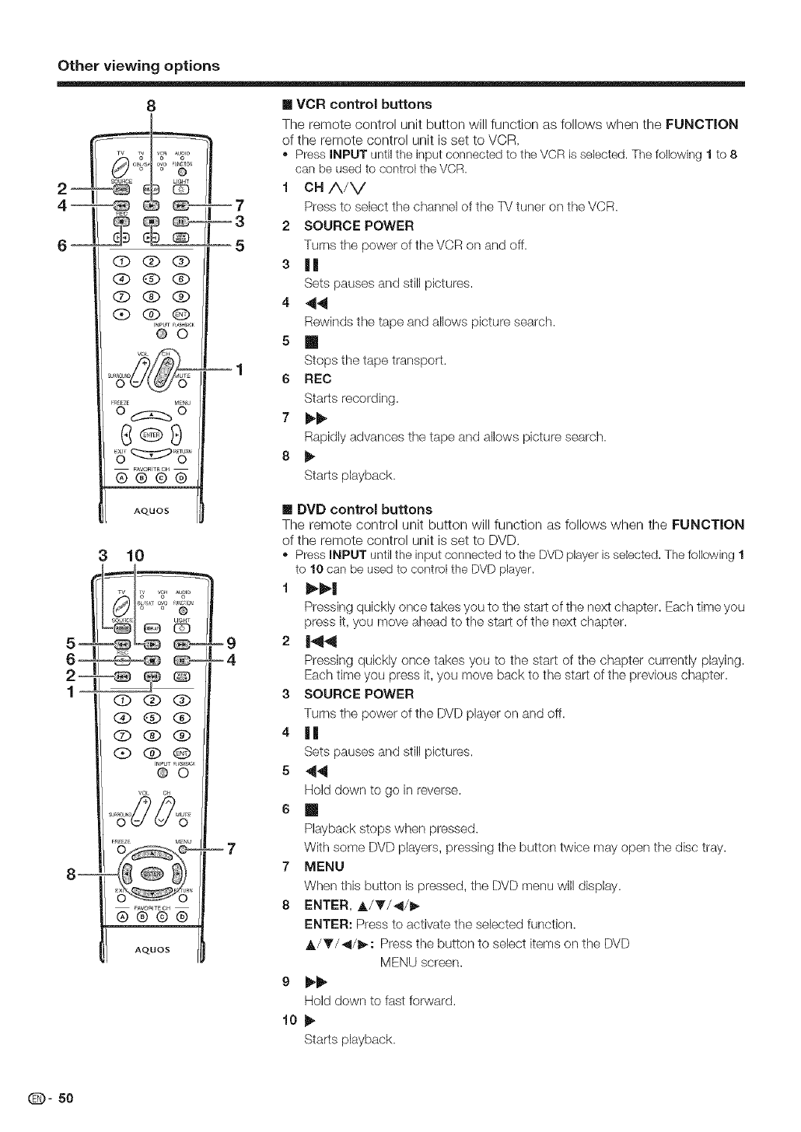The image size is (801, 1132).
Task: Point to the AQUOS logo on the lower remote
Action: [x=152, y=950]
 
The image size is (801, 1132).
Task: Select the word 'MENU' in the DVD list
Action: [x=324, y=866]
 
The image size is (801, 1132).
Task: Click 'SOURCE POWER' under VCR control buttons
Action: [x=359, y=226]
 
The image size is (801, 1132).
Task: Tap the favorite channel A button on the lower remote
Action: [x=121, y=915]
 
